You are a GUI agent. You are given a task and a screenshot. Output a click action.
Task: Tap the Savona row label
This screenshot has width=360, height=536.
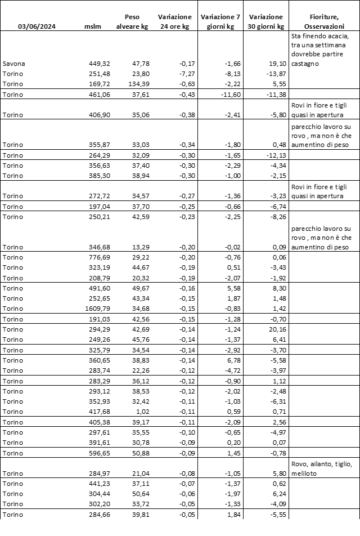[x=14, y=64]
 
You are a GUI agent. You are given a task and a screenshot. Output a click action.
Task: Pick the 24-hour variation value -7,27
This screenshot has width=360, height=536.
[x=179, y=74]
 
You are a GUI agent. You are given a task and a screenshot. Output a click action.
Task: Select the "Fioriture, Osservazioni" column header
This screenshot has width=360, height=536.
[x=324, y=21]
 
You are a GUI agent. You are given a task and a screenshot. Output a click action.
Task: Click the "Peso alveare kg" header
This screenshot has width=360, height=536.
[x=136, y=21]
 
